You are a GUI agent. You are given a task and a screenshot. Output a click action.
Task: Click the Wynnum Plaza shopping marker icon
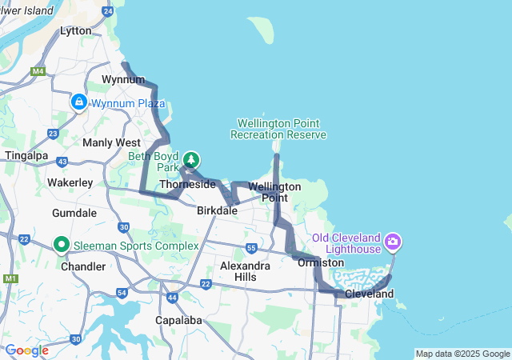click(78, 102)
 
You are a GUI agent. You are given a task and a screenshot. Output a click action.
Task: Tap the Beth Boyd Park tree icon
click(191, 160)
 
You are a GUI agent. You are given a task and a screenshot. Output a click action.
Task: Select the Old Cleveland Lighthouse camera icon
click(393, 240)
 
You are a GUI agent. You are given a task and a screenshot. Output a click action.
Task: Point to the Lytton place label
click(76, 30)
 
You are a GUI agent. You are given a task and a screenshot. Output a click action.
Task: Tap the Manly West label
click(111, 142)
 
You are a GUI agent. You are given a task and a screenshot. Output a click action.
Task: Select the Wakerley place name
click(70, 182)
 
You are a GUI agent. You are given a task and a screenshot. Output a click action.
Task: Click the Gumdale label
click(74, 214)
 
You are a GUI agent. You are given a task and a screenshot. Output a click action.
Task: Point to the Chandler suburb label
click(83, 266)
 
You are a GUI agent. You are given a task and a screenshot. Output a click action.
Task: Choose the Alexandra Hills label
click(245, 270)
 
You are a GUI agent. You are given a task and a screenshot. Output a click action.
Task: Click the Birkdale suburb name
click(218, 211)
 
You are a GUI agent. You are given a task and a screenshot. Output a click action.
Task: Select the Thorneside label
click(187, 184)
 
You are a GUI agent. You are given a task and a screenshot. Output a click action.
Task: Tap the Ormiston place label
click(320, 262)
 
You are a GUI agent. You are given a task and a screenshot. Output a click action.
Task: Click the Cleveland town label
click(369, 294)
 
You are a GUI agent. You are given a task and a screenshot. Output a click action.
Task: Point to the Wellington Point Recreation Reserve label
click(278, 129)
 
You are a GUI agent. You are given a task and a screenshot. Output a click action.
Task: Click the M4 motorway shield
click(38, 72)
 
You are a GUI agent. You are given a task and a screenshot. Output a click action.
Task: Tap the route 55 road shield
click(251, 248)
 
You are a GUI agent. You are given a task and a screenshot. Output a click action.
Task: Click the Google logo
click(26, 350)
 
